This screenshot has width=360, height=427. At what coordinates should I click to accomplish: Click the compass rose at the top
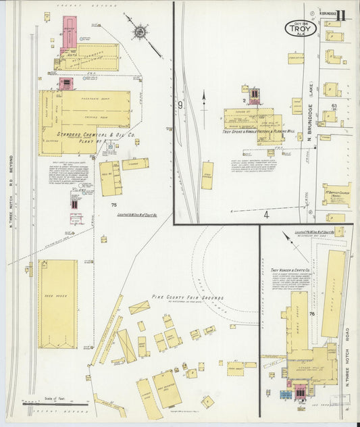(140, 30)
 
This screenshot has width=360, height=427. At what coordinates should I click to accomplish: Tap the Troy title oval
(300, 30)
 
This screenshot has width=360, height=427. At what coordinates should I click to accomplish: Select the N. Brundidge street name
(311, 122)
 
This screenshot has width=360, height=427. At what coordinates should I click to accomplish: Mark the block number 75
(114, 205)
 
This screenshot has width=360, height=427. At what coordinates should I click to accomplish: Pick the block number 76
(311, 314)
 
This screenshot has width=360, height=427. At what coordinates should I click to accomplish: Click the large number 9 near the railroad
(180, 105)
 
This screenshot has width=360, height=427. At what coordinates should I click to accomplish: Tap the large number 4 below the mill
(266, 215)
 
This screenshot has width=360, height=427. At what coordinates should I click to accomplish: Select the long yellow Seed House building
(57, 303)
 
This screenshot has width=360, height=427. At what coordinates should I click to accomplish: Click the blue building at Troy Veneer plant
(286, 394)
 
